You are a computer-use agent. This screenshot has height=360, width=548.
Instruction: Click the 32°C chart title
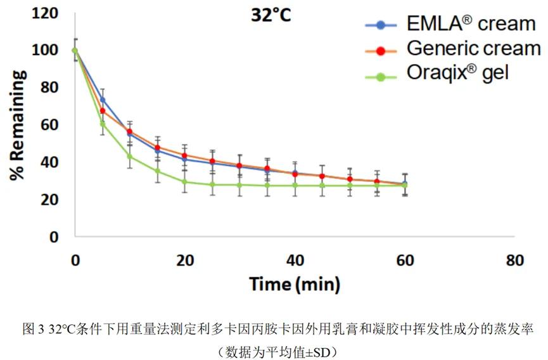tap(269, 15)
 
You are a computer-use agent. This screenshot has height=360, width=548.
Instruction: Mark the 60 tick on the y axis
tap(51, 125)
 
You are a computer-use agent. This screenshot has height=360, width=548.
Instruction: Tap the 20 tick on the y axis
tap(51, 200)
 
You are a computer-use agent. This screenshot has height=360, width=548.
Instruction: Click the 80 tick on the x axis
tap(515, 260)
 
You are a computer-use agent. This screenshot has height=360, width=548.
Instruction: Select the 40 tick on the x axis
tap(295, 260)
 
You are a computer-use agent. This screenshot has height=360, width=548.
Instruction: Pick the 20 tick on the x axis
tap(185, 260)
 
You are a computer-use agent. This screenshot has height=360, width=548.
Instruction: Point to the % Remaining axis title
tap(18, 125)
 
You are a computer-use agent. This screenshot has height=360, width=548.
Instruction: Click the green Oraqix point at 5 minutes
tap(103, 124)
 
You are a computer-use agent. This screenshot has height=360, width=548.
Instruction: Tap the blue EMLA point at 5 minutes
tap(103, 100)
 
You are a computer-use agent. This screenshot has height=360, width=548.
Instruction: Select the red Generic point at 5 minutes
tap(103, 111)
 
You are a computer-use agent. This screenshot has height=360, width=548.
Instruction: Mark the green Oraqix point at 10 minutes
tap(130, 156)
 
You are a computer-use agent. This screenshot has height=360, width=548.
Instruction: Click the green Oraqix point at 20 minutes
tap(185, 182)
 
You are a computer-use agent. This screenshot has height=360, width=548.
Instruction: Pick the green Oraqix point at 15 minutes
tap(158, 171)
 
